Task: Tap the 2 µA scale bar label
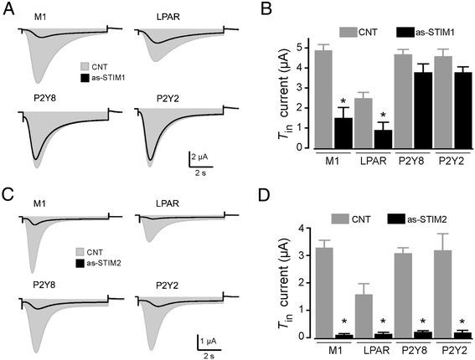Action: pos(202,155)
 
